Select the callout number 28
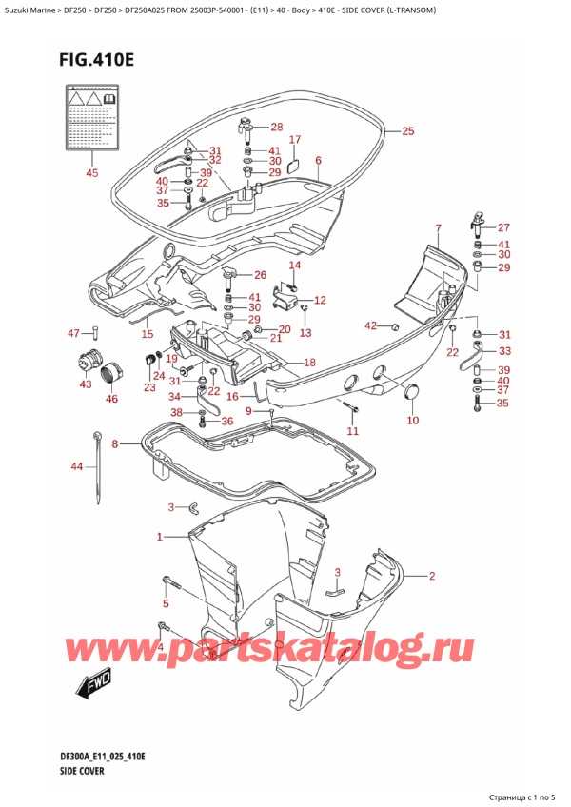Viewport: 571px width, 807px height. (x=276, y=128)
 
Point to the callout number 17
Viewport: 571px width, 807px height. (x=294, y=140)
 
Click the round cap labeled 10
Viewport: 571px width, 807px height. (x=412, y=392)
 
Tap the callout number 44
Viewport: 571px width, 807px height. (x=76, y=466)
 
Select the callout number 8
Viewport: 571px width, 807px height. (x=115, y=443)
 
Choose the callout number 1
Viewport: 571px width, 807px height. (x=160, y=538)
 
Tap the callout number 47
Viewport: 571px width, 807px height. (x=73, y=332)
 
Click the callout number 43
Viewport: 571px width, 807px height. (x=87, y=384)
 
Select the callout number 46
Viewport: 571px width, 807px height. (x=111, y=399)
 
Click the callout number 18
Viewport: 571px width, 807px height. (x=308, y=363)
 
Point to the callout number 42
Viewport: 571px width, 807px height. (x=369, y=326)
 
